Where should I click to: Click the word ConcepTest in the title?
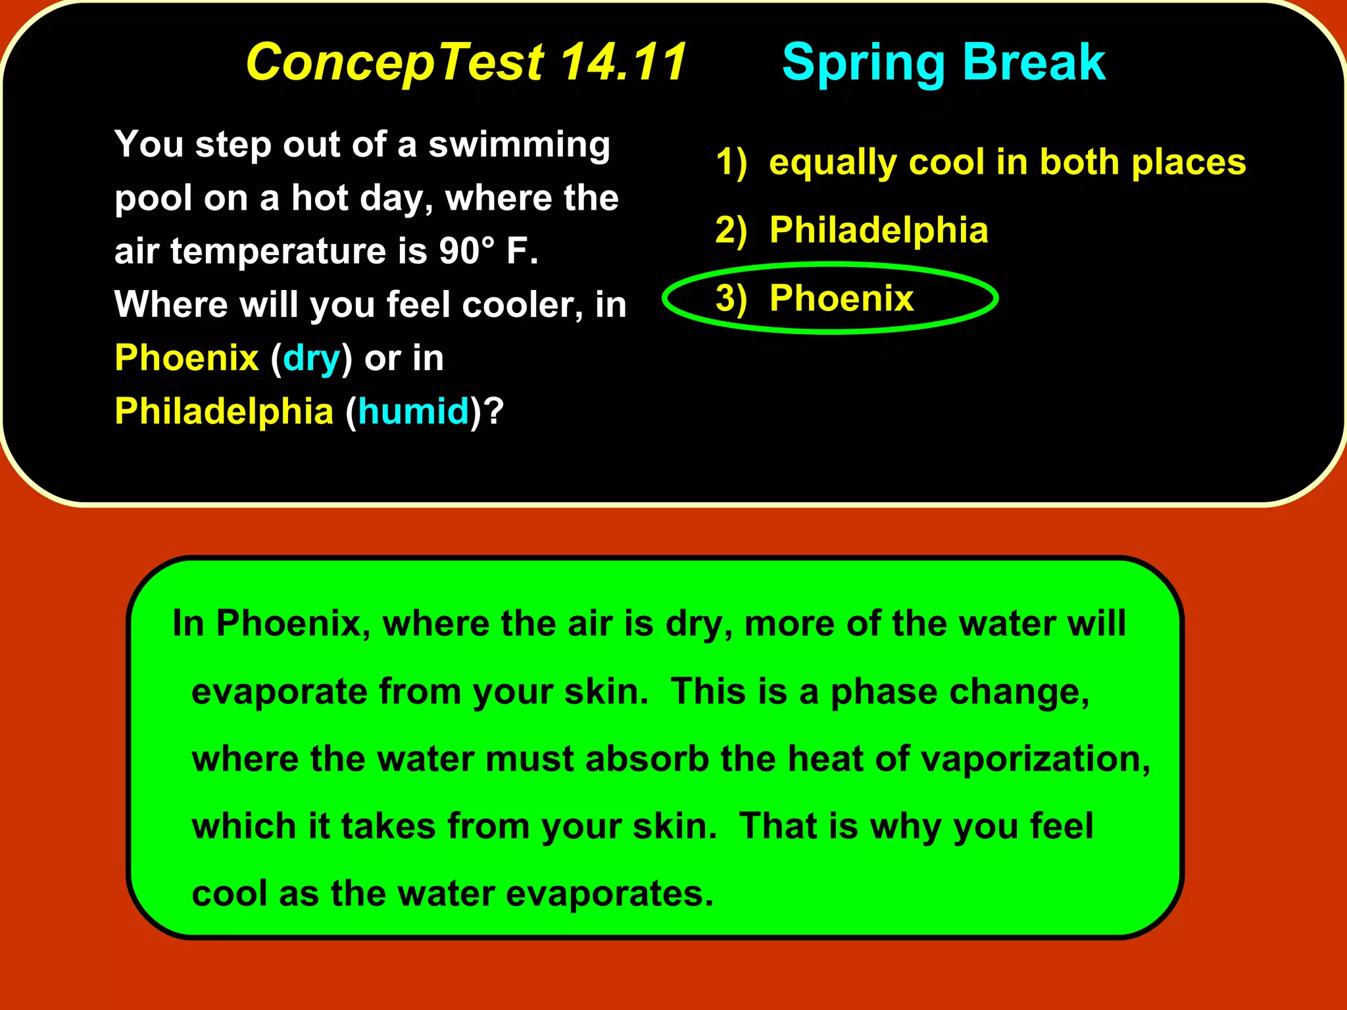pyautogui.click(x=395, y=62)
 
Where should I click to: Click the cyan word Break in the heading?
pyautogui.click(x=1034, y=62)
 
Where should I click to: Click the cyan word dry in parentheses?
pyautogui.click(x=311, y=359)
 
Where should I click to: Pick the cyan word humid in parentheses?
pyautogui.click(x=413, y=412)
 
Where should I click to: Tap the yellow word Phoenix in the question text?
pyautogui.click(x=187, y=358)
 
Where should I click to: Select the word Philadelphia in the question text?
pyautogui.click(x=224, y=412)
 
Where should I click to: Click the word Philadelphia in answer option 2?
pyautogui.click(x=879, y=230)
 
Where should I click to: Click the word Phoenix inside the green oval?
pyautogui.click(x=841, y=299)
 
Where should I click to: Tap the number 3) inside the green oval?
pyautogui.click(x=731, y=299)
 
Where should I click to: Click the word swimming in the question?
pyautogui.click(x=519, y=146)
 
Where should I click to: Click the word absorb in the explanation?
pyautogui.click(x=647, y=759)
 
